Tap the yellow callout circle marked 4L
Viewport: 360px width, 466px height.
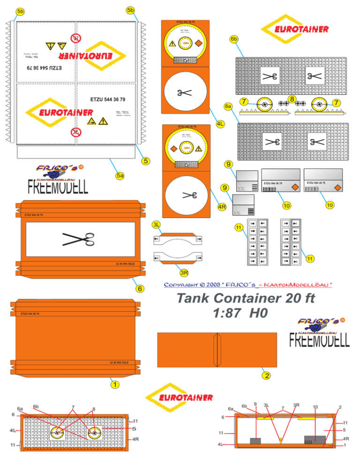coord(220,124)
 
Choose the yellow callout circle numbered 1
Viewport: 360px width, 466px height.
coord(113,384)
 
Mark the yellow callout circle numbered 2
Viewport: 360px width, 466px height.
coord(266,376)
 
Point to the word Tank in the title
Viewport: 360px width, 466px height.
coord(191,299)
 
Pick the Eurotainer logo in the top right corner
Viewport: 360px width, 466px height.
coord(295,29)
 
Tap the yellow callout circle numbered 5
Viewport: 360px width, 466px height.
coord(146,161)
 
